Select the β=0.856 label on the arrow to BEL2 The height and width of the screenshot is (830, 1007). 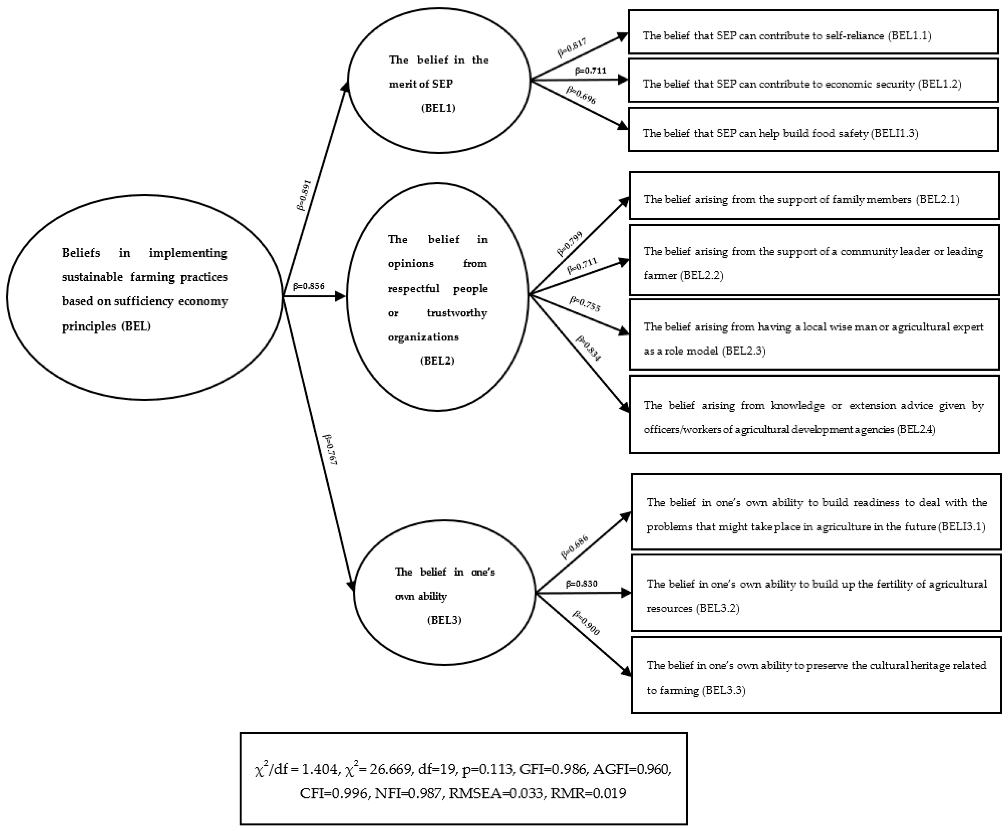[308, 286]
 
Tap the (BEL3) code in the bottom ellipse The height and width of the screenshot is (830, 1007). [444, 620]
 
